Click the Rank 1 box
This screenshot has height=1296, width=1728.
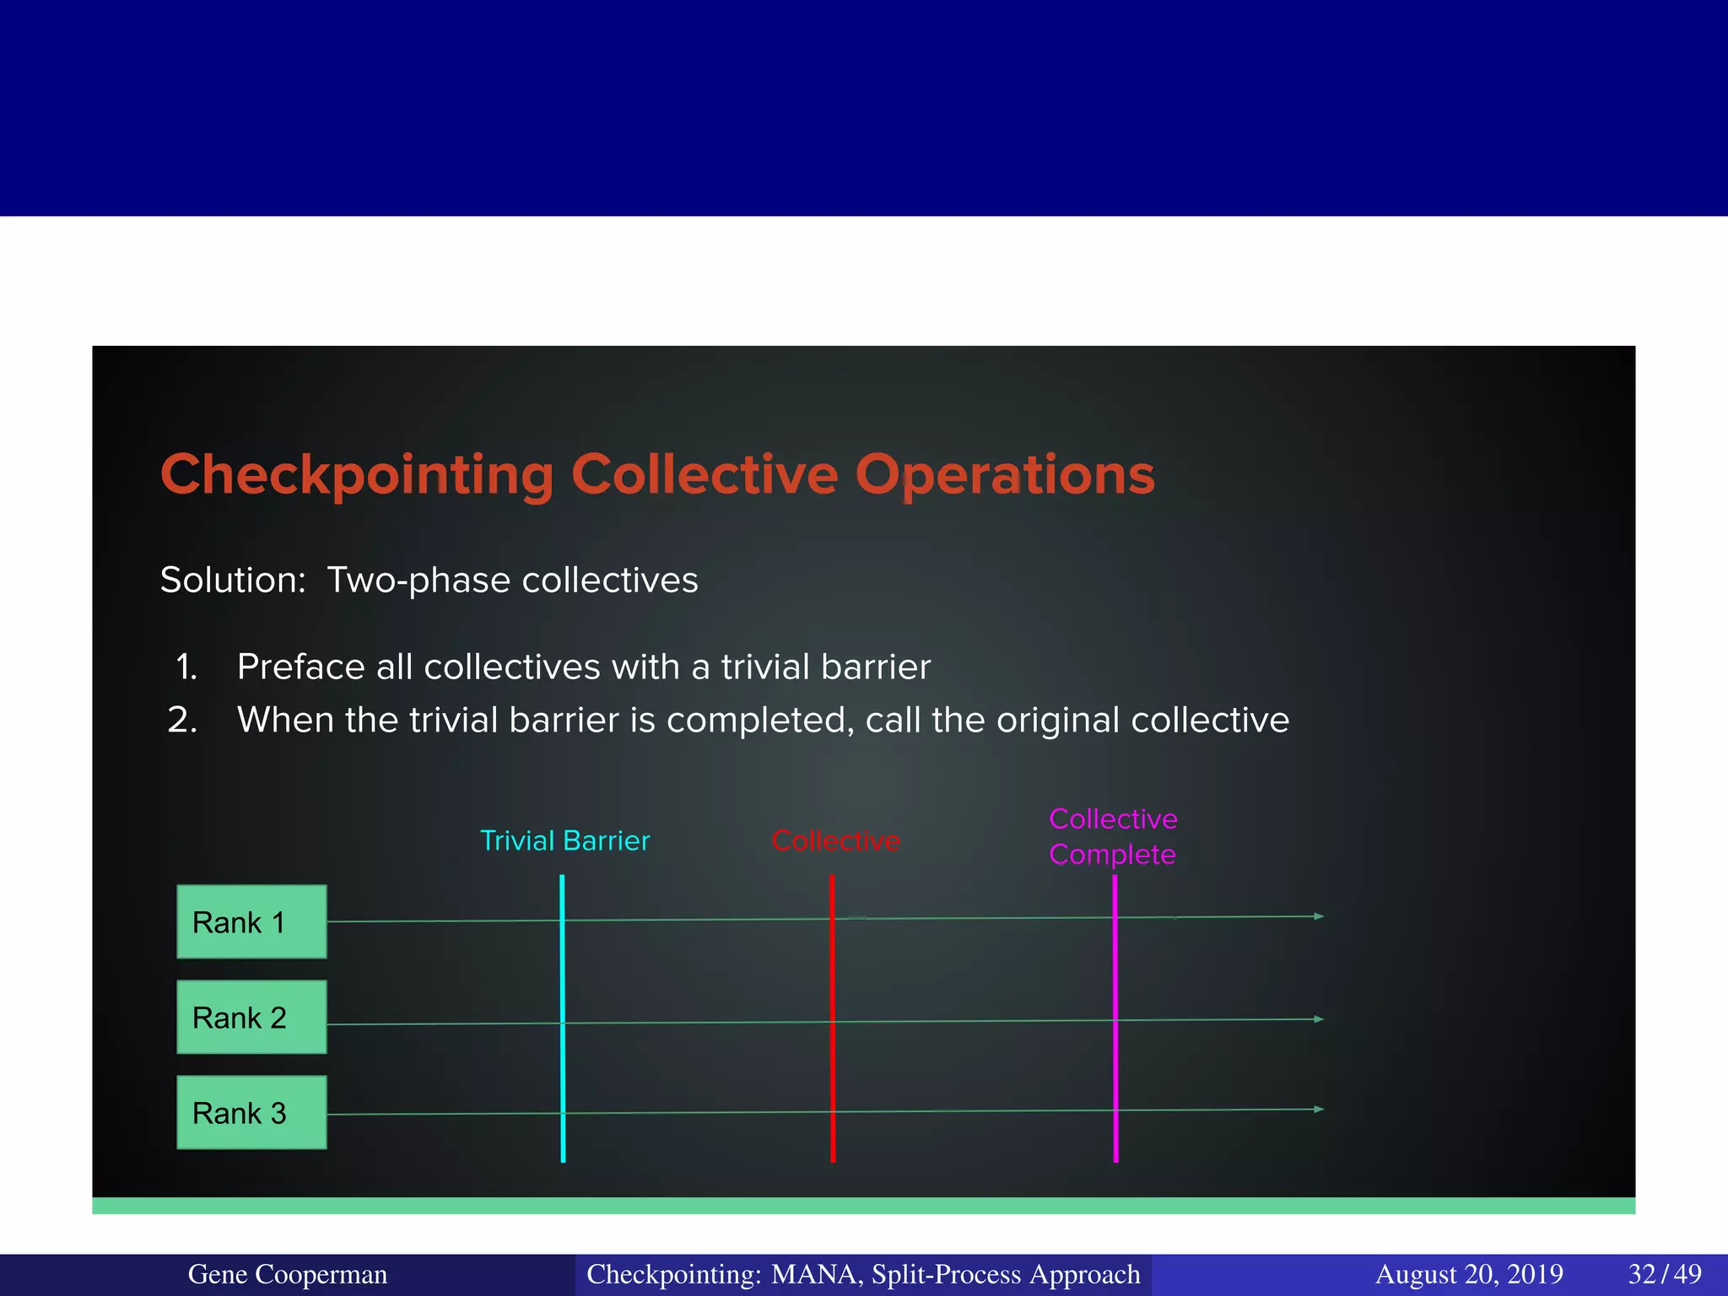click(x=251, y=921)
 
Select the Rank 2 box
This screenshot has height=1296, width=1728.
click(x=251, y=1017)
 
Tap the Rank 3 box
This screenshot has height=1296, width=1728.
click(x=251, y=1112)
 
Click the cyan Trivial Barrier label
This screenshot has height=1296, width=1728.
click(x=564, y=840)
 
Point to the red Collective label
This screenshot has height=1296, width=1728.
click(x=835, y=840)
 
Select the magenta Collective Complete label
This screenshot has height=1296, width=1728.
click(x=1112, y=836)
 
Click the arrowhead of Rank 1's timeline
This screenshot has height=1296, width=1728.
click(x=1320, y=916)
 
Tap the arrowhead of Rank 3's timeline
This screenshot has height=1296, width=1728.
click(x=1320, y=1110)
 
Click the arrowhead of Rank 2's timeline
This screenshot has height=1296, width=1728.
click(x=1320, y=1019)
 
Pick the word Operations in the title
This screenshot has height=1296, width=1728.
click(x=1004, y=475)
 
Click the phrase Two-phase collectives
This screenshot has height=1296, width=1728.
click(x=512, y=580)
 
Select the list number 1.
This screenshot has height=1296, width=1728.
click(x=186, y=667)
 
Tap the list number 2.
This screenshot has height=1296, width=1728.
click(x=182, y=721)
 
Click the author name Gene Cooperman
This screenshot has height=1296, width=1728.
click(x=287, y=1274)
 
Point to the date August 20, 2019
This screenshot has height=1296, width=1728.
click(x=1469, y=1274)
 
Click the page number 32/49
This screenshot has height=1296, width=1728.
click(x=1664, y=1274)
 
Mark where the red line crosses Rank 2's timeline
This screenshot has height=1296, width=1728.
click(x=833, y=1022)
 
